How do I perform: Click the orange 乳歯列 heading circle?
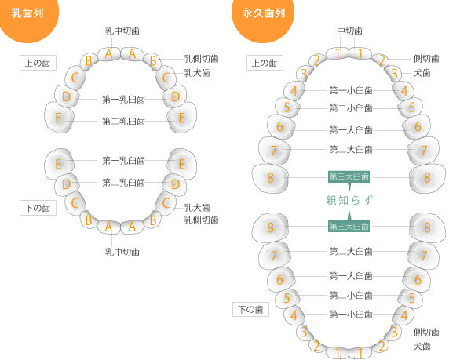coord(28,17)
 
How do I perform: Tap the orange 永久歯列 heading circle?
coord(263,18)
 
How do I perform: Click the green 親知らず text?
coord(349,200)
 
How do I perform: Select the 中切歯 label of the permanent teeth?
coord(349,31)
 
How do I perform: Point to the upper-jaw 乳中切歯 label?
coord(122,31)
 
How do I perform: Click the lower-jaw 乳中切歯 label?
coord(122,252)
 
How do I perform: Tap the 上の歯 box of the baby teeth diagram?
coord(38,63)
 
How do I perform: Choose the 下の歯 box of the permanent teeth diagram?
coord(250,309)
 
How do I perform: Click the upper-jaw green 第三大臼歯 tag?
coord(349,176)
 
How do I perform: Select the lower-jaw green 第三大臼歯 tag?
coord(349,227)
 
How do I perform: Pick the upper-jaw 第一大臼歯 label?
coord(351,130)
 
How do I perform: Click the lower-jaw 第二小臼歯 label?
coord(351,295)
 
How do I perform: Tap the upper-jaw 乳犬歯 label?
coord(197,73)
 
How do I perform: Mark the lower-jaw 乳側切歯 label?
coord(201,220)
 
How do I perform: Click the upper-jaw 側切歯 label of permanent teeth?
coord(426,59)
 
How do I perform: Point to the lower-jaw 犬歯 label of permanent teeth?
coord(422,346)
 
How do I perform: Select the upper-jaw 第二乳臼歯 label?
coord(123,121)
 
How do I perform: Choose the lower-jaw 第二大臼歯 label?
coord(351,251)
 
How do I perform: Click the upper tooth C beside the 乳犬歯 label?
coord(166,78)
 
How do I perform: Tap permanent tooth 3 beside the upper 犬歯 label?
coord(395,73)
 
